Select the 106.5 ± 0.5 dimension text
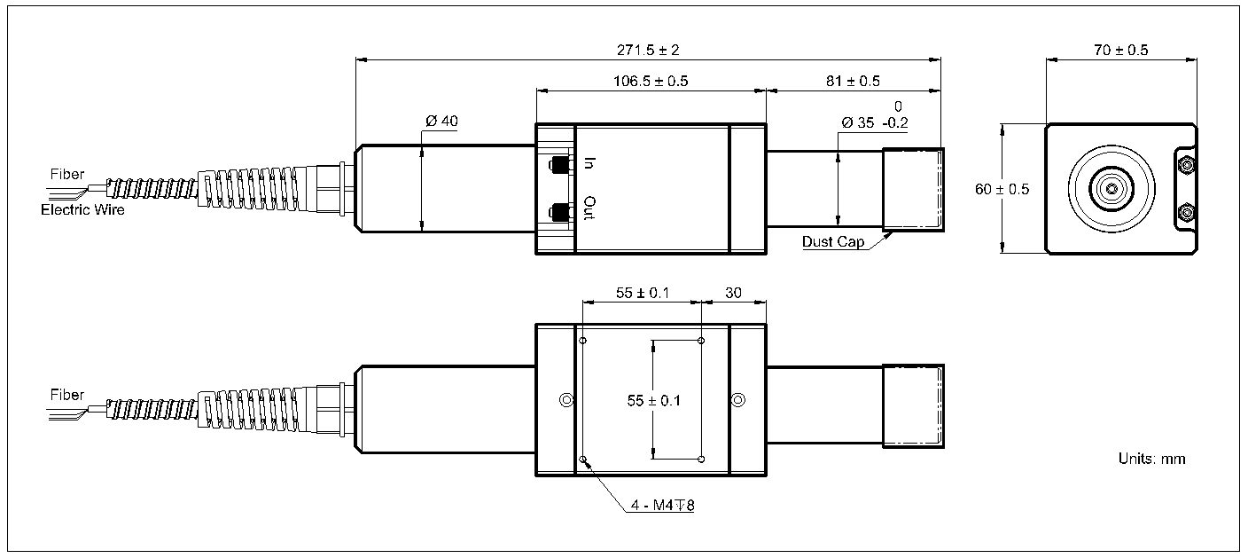coord(651,81)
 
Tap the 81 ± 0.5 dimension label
coord(853,81)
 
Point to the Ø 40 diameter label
coord(441,122)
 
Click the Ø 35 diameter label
coord(859,123)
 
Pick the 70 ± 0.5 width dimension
coord(1120,51)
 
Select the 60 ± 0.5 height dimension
coord(1000,189)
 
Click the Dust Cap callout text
coord(833,241)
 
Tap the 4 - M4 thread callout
coord(662,507)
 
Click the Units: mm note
coord(1151,459)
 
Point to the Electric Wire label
coord(82,210)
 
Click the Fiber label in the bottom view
coord(67,395)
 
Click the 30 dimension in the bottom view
coord(733,292)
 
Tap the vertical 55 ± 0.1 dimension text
coord(653,401)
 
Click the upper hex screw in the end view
coord(1185,164)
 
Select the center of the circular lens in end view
coord(1111,188)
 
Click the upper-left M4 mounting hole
coord(582,341)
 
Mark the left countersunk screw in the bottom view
coord(565,400)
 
